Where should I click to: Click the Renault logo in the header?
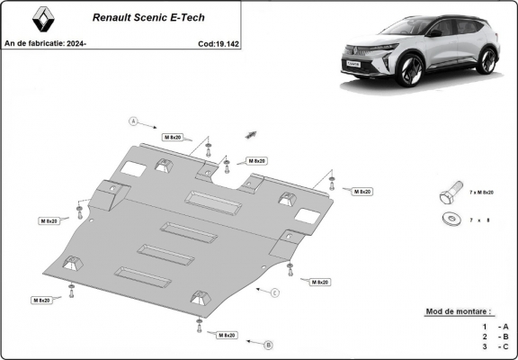[40, 19]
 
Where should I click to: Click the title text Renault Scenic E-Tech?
[136, 16]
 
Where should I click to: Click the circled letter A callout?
[133, 121]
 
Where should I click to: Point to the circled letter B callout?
[268, 344]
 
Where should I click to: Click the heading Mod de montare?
[465, 311]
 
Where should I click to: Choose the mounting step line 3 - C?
[495, 346]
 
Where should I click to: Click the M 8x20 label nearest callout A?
[173, 137]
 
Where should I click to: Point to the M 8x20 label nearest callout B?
[227, 335]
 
